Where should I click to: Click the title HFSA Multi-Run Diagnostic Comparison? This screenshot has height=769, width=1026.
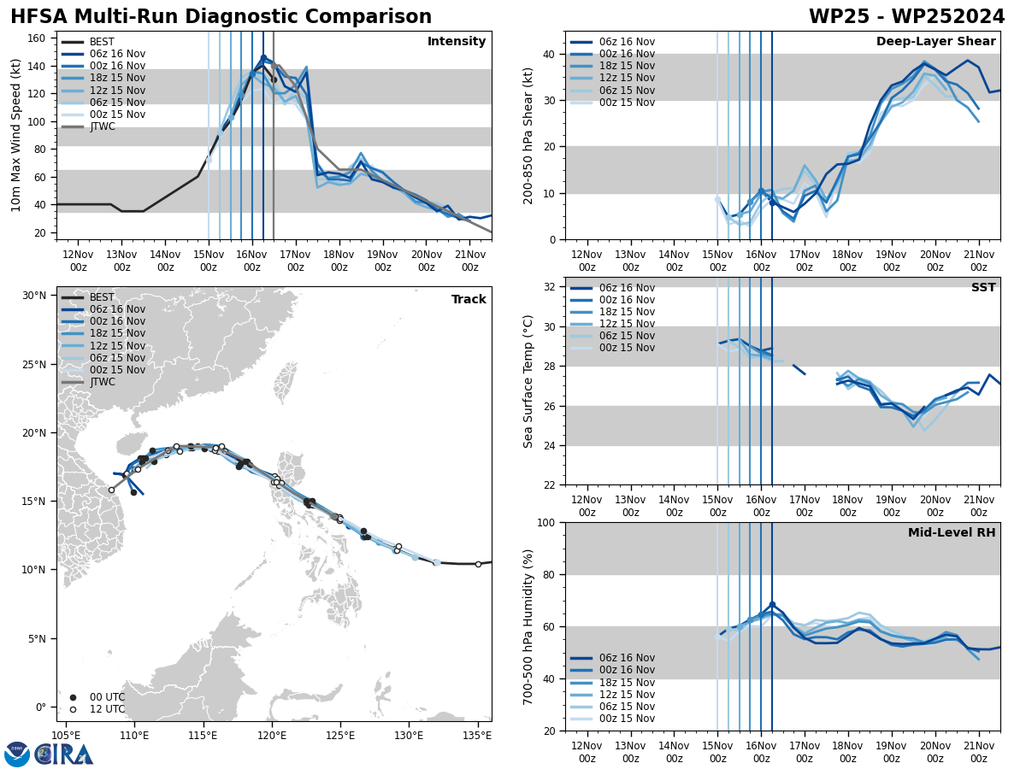pos(221,17)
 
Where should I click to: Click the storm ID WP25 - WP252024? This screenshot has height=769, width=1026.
pos(906,17)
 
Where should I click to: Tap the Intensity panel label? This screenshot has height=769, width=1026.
pos(457,42)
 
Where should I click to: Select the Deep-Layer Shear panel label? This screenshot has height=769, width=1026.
pos(935,42)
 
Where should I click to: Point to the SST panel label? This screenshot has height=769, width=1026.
pos(982,288)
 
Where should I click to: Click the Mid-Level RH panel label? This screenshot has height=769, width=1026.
pos(952,533)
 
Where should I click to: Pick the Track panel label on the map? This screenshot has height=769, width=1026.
pos(469,300)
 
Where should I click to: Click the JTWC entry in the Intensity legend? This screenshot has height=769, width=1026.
pos(102,126)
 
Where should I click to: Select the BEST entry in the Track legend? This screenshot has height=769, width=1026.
pos(102,297)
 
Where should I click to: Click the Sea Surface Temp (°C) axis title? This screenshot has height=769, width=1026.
pos(528,381)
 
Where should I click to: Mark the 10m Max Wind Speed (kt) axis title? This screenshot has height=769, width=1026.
pos(16,135)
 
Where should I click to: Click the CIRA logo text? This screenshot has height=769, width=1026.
pos(63,754)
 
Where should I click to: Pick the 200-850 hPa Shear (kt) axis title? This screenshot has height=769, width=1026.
pos(528,135)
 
